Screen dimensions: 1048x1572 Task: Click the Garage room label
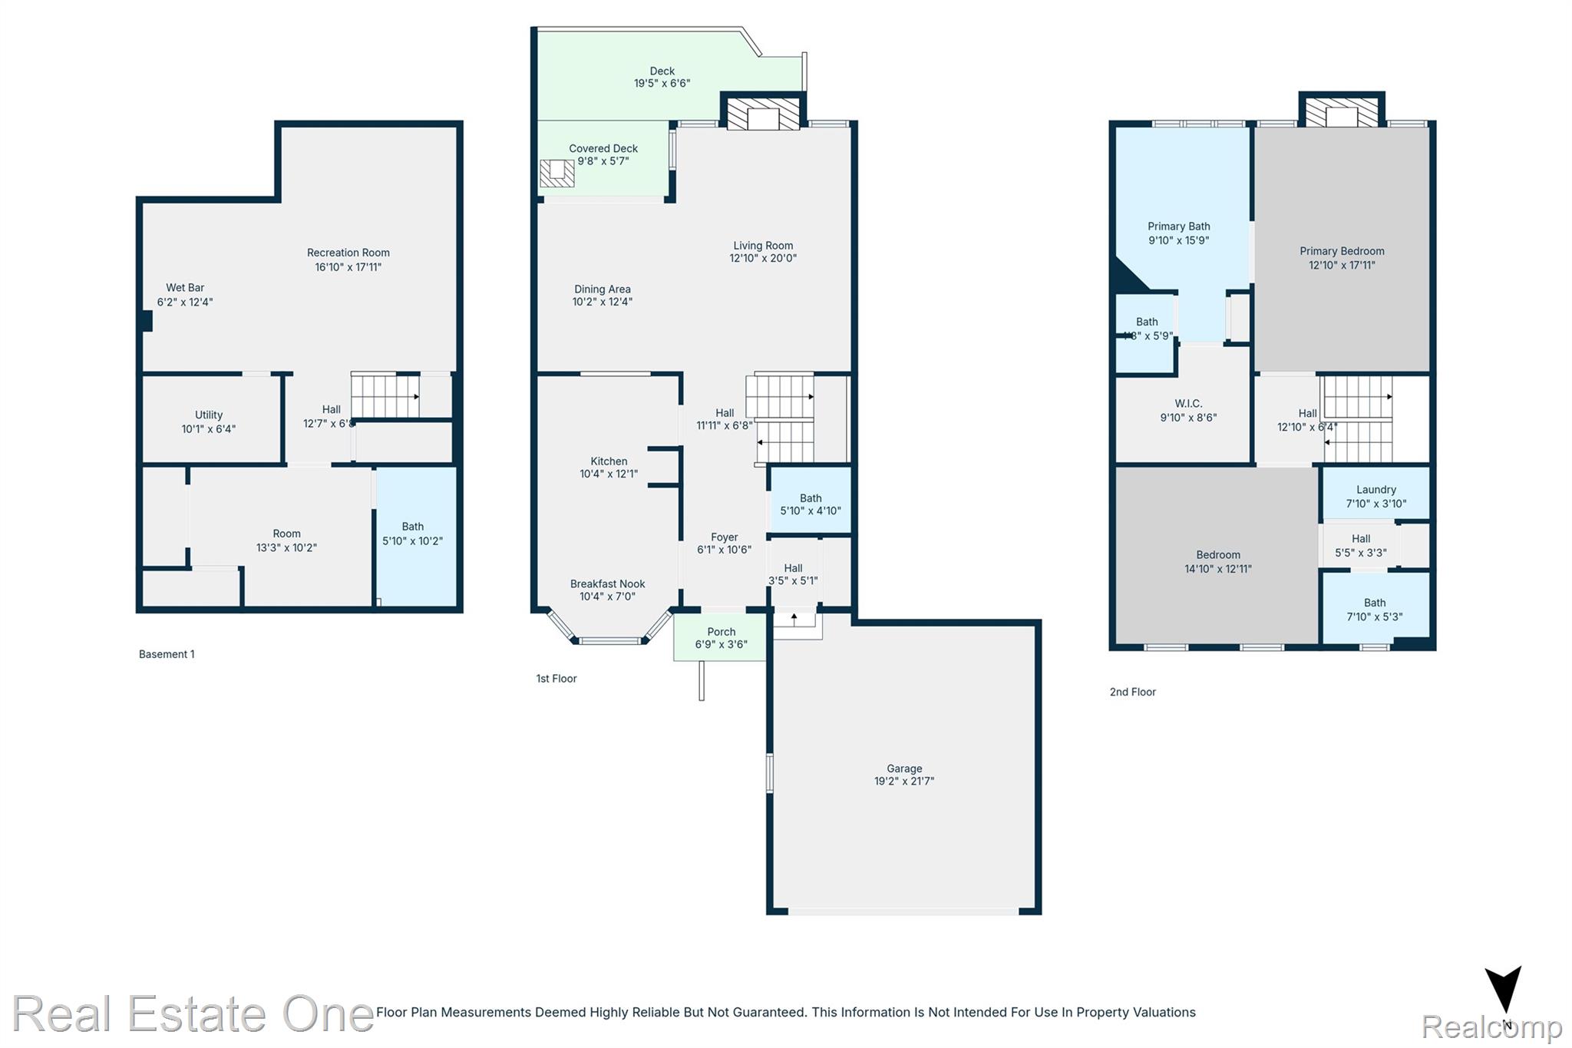(904, 768)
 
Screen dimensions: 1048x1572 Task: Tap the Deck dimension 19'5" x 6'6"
(662, 84)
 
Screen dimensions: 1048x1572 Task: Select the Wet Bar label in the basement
(185, 288)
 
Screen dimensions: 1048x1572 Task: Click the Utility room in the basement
(209, 421)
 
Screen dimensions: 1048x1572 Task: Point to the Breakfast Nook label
(607, 584)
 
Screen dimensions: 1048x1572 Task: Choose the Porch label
(721, 632)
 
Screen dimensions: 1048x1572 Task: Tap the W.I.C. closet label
(1187, 404)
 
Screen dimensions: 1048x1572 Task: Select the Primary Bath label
(1178, 226)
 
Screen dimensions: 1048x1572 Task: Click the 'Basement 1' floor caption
(167, 654)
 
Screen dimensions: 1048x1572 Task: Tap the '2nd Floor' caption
(1132, 692)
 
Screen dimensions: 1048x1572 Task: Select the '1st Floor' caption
(556, 679)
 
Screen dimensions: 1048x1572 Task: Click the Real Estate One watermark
(192, 1014)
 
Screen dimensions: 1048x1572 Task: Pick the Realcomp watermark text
(1491, 1027)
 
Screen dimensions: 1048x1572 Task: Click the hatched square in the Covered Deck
(557, 173)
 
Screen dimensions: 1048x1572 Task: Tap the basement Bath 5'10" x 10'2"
(412, 534)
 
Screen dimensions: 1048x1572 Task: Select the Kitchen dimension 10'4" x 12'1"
(609, 474)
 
